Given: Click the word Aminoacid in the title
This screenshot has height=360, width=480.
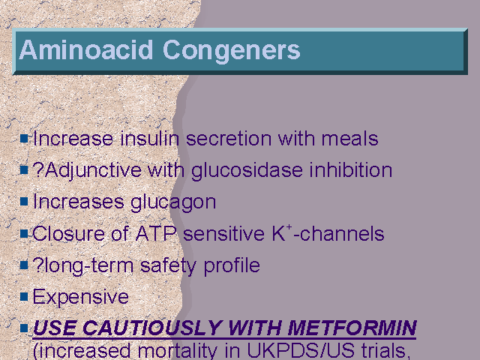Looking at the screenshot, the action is point(86,50).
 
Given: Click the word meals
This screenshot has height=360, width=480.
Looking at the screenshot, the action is point(350,138).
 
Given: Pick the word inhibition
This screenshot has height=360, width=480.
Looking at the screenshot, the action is point(351,170).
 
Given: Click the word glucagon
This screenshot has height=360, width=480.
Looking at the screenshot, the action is point(173,203).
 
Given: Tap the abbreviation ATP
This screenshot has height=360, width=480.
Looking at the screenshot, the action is point(156,234).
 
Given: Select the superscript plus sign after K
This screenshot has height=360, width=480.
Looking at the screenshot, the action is point(289,227).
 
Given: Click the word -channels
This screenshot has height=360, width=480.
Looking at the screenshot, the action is point(338,234).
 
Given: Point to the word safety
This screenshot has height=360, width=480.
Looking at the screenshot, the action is point(168,266).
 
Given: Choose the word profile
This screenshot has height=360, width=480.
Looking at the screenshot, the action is point(232,265).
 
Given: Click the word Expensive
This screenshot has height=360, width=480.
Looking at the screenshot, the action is point(81,297).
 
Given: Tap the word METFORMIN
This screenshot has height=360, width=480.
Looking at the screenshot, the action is point(352,328).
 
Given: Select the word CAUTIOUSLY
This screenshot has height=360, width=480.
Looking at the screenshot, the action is point(151,328).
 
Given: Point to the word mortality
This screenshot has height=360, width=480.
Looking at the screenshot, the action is point(178,351).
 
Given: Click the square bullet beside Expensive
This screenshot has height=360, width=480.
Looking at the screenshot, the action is point(24,296).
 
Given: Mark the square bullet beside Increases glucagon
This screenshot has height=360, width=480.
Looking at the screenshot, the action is point(24,202).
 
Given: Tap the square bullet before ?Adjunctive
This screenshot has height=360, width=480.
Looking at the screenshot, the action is point(24,169).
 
